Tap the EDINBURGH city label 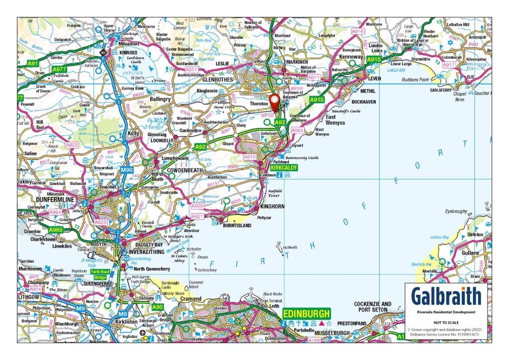point(306,314)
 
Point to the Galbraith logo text point(446,297)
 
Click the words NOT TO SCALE point(446,322)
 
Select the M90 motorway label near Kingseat point(126,170)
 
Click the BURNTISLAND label point(237,225)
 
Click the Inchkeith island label point(290,247)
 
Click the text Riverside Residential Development point(446,312)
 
